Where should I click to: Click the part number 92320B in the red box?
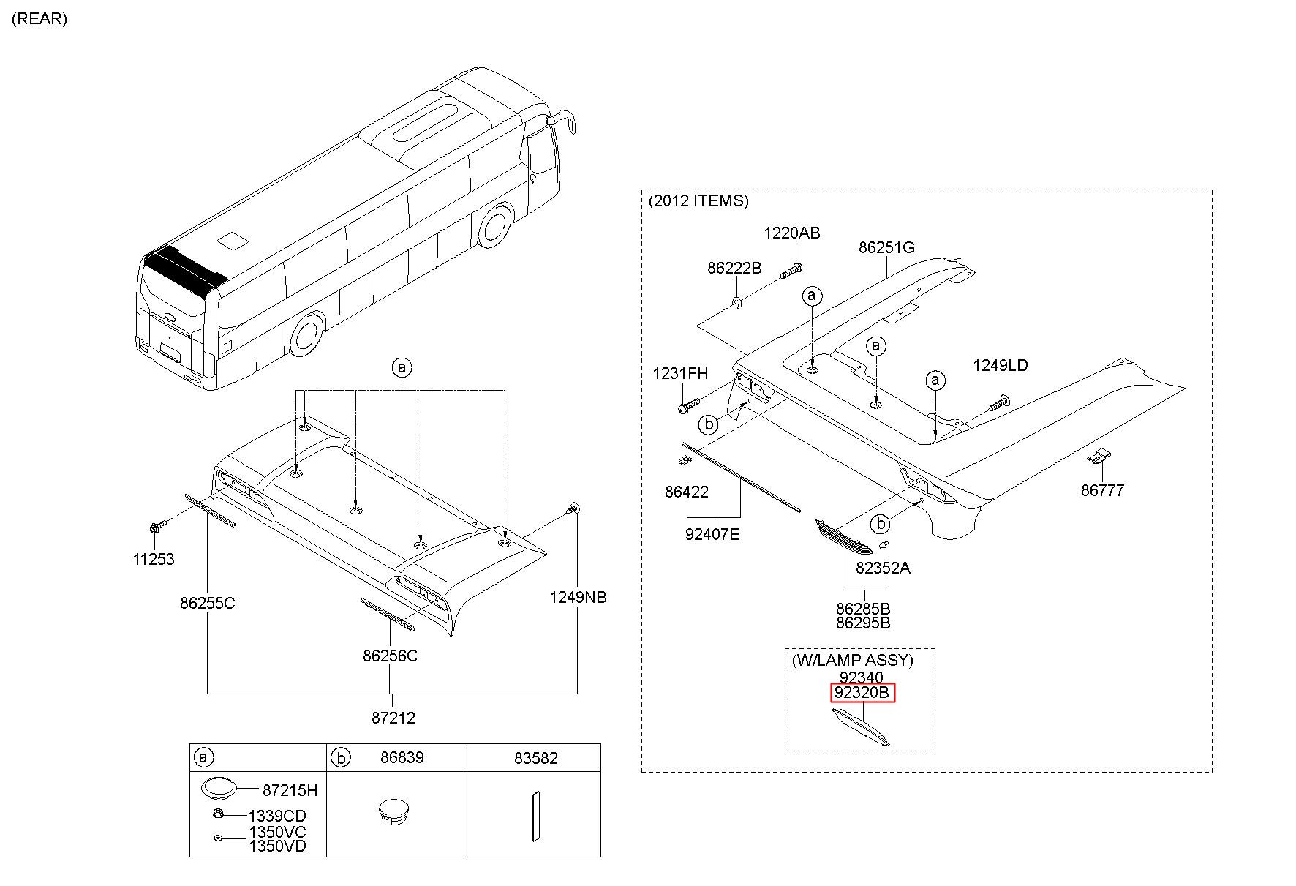tap(862, 692)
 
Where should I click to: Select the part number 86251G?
tap(886, 247)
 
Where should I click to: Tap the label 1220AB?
tap(792, 233)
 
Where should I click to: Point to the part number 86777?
tap(1102, 490)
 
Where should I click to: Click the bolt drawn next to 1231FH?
tap(690, 404)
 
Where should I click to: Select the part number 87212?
tap(393, 718)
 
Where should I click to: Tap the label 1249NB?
tap(578, 598)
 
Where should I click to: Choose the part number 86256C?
tap(390, 656)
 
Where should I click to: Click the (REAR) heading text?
tap(39, 19)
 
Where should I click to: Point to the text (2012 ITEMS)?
tap(698, 200)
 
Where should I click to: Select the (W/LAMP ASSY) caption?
tap(852, 660)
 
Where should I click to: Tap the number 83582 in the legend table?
tap(535, 758)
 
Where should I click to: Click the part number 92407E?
tap(712, 534)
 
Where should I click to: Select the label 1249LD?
tap(1000, 365)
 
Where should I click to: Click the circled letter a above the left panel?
tap(402, 367)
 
